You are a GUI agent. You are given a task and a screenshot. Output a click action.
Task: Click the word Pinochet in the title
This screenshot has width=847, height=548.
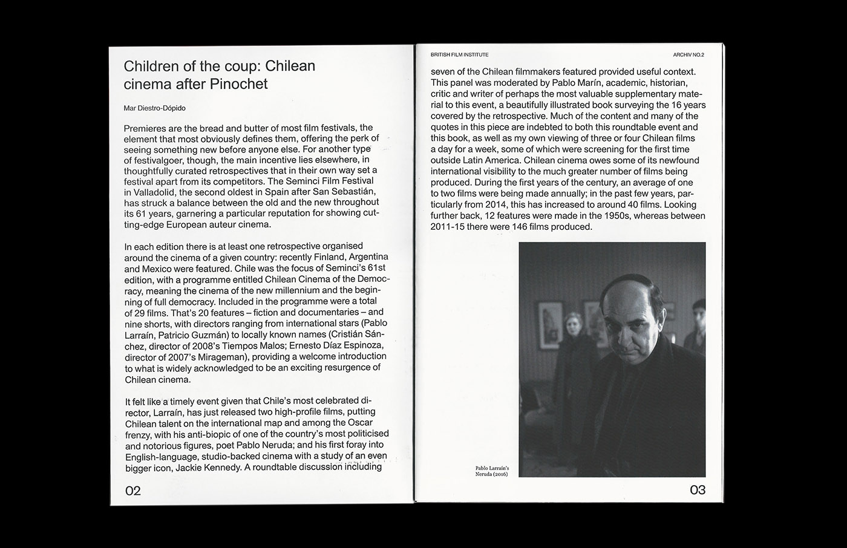point(238,84)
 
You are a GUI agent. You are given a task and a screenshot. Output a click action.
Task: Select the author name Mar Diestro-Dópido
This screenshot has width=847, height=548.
point(154,108)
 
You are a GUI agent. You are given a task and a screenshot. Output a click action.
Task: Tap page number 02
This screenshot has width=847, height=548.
point(132,491)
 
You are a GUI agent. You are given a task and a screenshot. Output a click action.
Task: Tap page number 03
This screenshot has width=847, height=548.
point(698,490)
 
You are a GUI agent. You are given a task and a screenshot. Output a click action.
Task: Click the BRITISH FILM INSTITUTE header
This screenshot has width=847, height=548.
point(459,55)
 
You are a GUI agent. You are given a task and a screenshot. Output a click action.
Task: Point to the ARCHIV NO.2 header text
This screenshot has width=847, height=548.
point(688,55)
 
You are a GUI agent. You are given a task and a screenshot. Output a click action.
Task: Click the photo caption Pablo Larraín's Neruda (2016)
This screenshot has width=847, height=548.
point(492,471)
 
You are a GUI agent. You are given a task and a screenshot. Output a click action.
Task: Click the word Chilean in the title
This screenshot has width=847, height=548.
point(290,66)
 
